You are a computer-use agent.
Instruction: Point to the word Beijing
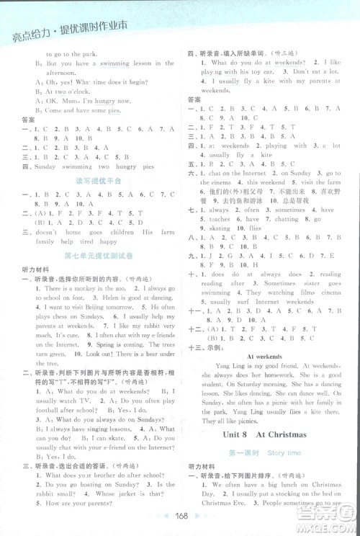tap(93, 306)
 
